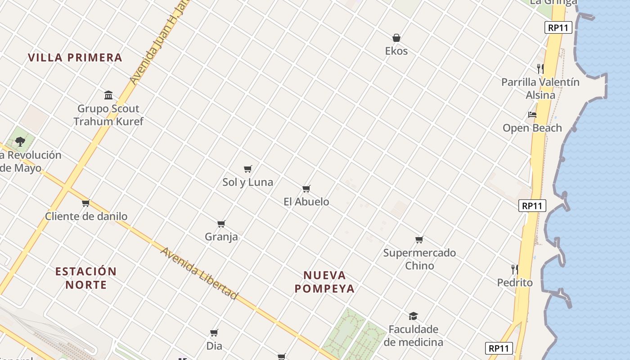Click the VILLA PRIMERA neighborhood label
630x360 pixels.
tap(75, 58)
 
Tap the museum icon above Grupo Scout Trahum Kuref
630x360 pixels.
tap(108, 95)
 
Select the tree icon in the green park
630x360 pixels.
tap(20, 142)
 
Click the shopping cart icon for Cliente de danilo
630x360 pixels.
tap(86, 203)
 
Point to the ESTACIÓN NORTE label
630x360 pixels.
tap(86, 278)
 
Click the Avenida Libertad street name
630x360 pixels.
tap(198, 273)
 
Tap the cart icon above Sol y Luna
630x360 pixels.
tap(247, 169)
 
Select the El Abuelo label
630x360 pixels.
tap(306, 202)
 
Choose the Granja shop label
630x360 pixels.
tap(221, 237)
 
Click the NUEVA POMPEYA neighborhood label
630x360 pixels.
tap(325, 282)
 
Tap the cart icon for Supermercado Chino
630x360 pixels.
tap(419, 239)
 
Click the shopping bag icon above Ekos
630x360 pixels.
tap(396, 38)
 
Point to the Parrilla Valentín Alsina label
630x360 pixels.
tap(540, 88)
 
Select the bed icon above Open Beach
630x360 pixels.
tap(532, 115)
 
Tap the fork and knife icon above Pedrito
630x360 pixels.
tap(515, 270)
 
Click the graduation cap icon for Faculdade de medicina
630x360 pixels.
tap(413, 316)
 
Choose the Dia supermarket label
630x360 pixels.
tap(214, 346)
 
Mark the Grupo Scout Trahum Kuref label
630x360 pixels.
tap(108, 115)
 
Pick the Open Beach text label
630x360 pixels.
tap(532, 128)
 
